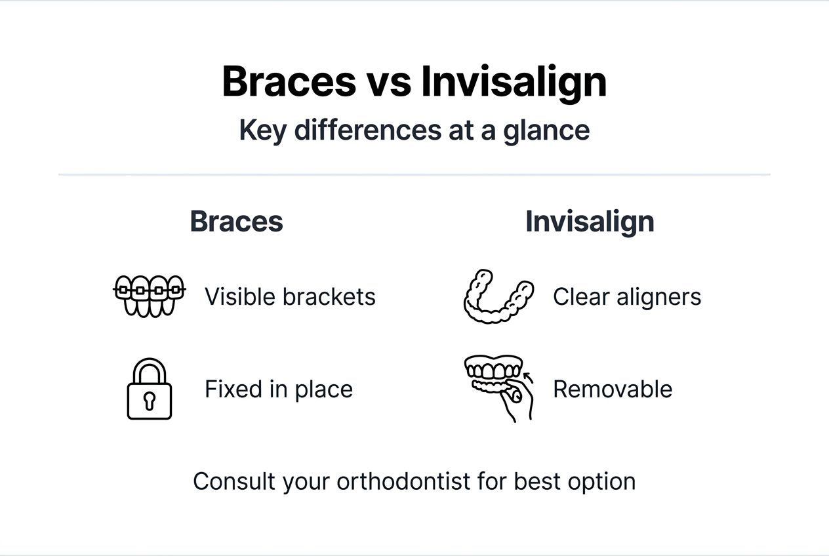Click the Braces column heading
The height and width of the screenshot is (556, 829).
click(236, 222)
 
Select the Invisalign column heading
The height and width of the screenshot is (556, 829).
click(590, 222)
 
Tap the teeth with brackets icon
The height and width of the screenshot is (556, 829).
click(150, 296)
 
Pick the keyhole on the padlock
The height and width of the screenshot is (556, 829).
click(149, 399)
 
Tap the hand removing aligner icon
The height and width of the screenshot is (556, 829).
click(498, 387)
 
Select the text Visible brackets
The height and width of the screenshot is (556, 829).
click(290, 297)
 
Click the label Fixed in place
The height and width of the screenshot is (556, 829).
click(279, 389)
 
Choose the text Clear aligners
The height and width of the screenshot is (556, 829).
click(627, 297)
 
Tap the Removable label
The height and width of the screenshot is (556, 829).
click(613, 389)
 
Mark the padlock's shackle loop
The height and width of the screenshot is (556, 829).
click(149, 368)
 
